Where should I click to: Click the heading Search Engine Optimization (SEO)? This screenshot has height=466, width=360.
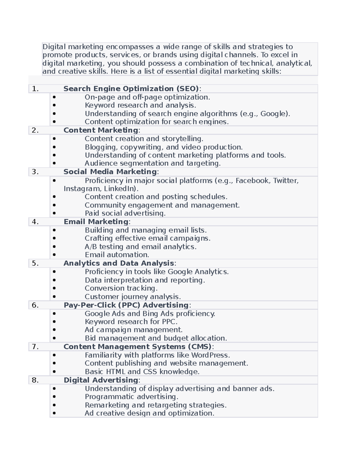coord(131,89)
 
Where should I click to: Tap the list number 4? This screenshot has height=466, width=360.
coord(35,222)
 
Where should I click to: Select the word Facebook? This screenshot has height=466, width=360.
coord(252,181)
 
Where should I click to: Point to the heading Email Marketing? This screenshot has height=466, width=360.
coord(96,222)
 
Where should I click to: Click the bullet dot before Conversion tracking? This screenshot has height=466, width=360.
coord(54,288)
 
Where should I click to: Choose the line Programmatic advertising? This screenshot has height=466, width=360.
coord(131,397)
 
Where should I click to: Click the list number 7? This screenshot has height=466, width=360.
coord(35,347)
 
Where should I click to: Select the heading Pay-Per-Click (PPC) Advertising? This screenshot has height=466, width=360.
coord(126,305)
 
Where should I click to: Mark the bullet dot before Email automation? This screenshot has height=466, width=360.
coord(54,255)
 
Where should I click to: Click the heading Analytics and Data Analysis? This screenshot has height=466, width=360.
coord(119,263)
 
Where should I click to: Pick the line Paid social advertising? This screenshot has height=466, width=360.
coord(125,213)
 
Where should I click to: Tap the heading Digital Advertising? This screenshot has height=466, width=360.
coord(101,380)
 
